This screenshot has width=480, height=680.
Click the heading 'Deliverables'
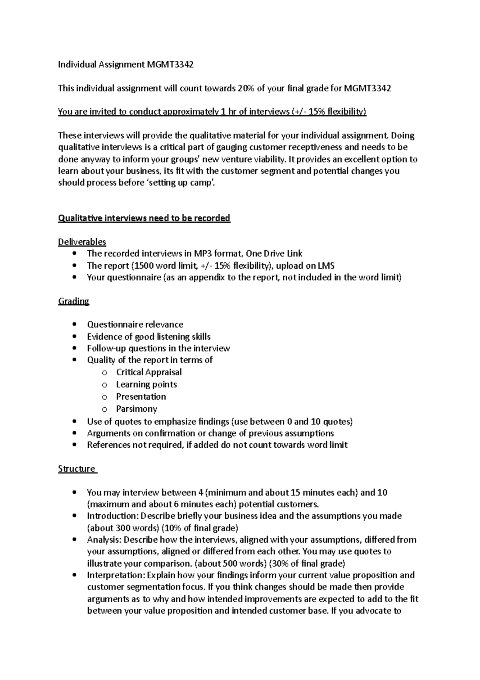point(82,242)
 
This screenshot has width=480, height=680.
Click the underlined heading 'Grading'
point(74,301)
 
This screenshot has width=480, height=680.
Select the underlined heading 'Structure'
point(77,469)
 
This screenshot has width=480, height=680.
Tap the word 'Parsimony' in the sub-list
point(136,409)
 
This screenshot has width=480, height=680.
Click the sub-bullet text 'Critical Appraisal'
point(149,372)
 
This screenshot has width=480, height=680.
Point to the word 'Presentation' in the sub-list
point(141,396)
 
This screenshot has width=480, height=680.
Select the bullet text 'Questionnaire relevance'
point(135,324)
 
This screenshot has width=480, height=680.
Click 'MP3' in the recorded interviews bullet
point(203,253)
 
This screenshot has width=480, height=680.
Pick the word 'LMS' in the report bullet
point(326,266)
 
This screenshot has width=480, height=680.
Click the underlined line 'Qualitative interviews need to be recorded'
point(144,218)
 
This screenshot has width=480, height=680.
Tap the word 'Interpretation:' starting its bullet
point(116,575)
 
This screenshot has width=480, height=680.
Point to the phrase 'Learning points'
point(146,384)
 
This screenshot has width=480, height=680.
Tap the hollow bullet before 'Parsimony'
point(105,409)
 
